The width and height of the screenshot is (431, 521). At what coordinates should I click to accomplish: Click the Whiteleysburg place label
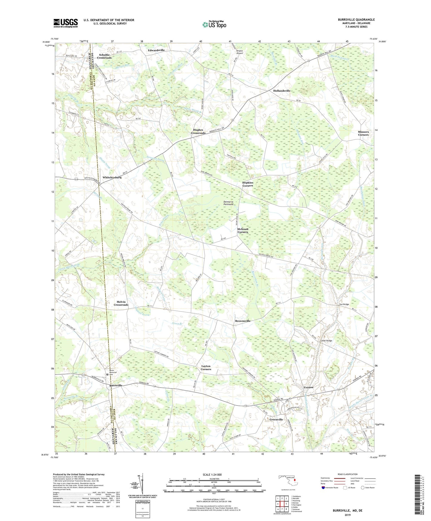pos(112,177)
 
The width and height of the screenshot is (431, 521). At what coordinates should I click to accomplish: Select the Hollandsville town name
pos(282,91)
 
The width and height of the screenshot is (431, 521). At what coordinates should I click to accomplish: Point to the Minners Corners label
pos(363,133)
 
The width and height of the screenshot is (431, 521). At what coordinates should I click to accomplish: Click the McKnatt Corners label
pos(242,230)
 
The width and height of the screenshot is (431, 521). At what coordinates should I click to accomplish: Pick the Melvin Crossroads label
pos(121,303)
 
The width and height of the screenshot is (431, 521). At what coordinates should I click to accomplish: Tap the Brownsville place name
pos(242,321)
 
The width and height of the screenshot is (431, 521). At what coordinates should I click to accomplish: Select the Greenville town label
pos(276,420)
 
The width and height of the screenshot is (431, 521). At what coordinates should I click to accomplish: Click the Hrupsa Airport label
pos(240,52)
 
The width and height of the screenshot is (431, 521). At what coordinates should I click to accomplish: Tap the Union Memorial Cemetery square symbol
pos(108,374)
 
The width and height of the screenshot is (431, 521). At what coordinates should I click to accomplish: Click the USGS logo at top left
pos(66,23)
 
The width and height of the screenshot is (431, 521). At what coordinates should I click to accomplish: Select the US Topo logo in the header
pos(214,24)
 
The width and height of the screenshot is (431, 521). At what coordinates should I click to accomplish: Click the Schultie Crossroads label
pos(104,56)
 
